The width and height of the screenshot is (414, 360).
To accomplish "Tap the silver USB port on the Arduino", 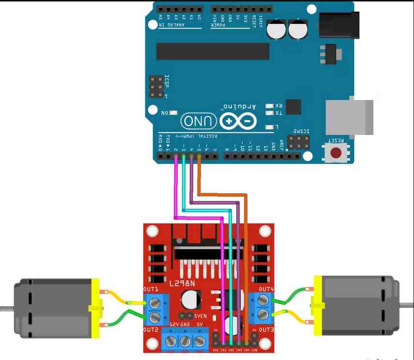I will point(349,117).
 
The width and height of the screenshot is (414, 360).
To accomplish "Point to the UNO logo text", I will point(199,121).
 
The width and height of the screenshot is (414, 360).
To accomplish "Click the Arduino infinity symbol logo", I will point(238,121).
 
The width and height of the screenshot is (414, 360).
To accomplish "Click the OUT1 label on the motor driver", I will point(151,289).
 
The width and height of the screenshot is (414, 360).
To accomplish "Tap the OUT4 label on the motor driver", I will point(266,289).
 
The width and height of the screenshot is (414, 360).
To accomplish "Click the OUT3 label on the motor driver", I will point(266,330).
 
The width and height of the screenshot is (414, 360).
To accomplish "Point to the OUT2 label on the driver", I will point(151,330).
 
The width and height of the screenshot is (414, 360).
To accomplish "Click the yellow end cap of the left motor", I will point(95,307).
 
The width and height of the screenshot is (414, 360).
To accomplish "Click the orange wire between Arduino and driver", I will point(246,242).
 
